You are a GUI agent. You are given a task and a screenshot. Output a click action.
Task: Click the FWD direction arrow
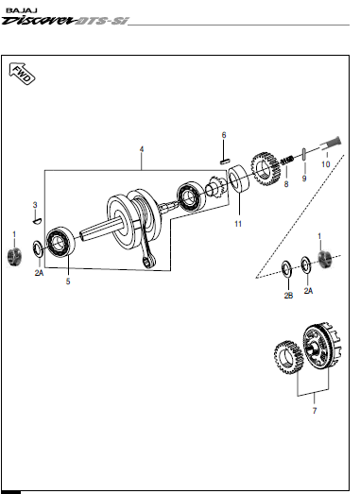[22, 74]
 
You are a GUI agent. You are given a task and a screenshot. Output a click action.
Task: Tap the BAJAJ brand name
[22, 10]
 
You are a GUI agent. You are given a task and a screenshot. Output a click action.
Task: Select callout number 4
[142, 149]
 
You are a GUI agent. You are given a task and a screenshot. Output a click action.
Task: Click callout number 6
[224, 135]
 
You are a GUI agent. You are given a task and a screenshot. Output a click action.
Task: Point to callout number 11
[238, 224]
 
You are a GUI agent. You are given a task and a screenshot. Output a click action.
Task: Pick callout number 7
[315, 411]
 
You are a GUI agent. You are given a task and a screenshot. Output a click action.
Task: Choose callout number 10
[326, 164]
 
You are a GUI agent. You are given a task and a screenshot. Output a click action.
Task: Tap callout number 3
[35, 205]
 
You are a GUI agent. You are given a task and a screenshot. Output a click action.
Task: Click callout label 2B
[288, 296]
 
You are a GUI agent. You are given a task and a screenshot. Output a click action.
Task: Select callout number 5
[68, 281]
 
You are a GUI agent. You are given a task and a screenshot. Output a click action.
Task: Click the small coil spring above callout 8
[287, 161]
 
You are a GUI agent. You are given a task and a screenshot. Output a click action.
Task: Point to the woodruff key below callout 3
[37, 221]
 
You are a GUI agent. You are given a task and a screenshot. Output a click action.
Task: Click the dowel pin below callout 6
[225, 162]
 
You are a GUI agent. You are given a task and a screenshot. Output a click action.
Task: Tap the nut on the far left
[14, 257]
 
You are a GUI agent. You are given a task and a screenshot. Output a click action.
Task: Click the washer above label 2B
[286, 270]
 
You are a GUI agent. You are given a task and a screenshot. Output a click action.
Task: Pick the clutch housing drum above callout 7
[322, 347]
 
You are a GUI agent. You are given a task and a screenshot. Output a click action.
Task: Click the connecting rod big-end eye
[147, 263]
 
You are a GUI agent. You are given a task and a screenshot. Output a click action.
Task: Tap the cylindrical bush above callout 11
[238, 178]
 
